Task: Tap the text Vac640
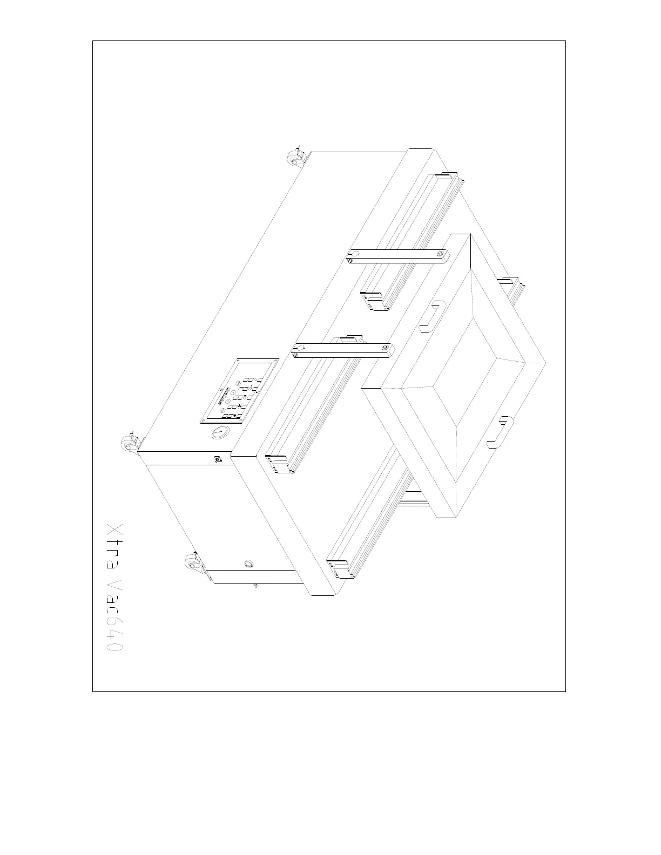coord(115,616)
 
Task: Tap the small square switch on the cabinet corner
coord(217,460)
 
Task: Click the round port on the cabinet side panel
coord(249,564)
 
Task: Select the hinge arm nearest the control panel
coord(342,350)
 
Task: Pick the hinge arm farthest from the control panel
coord(397,256)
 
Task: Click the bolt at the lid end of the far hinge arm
coord(441,253)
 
